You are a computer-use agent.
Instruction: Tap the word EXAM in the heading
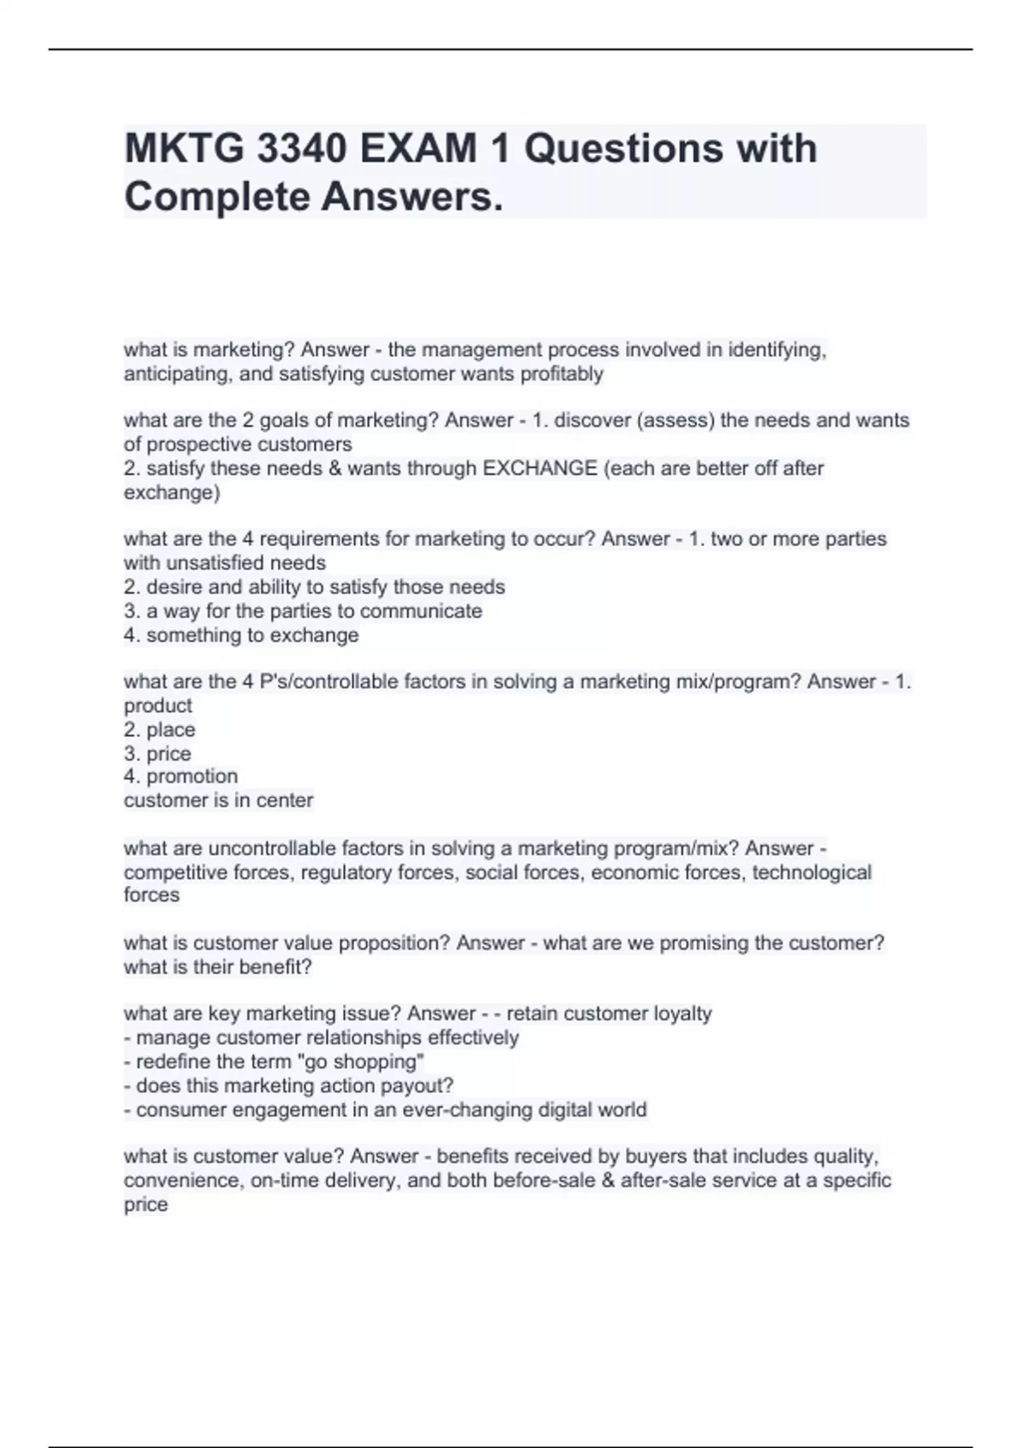tap(418, 149)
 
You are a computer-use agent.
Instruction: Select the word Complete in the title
tap(216, 198)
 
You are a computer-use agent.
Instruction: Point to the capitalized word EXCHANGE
tap(540, 468)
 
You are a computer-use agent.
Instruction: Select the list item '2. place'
tap(159, 730)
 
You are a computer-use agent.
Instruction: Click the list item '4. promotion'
tap(181, 776)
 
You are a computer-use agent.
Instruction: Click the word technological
tap(812, 872)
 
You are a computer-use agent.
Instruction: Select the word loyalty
tap(682, 1014)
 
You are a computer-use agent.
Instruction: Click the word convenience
tap(181, 1181)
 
